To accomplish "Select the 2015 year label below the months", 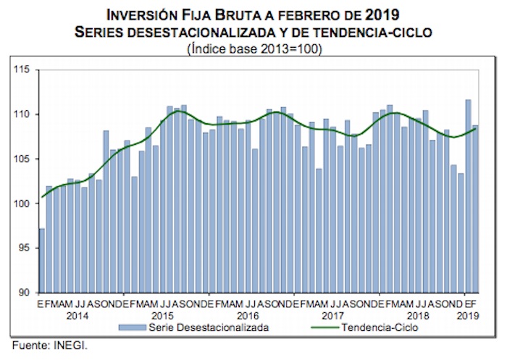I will pyautogui.click(x=162, y=317).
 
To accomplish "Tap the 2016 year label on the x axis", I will pyautogui.click(x=247, y=317).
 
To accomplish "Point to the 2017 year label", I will pyautogui.click(x=332, y=317).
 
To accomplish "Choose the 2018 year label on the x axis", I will pyautogui.click(x=416, y=317).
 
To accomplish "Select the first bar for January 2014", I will pyautogui.click(x=42, y=261).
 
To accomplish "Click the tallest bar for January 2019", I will pyautogui.click(x=468, y=196).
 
